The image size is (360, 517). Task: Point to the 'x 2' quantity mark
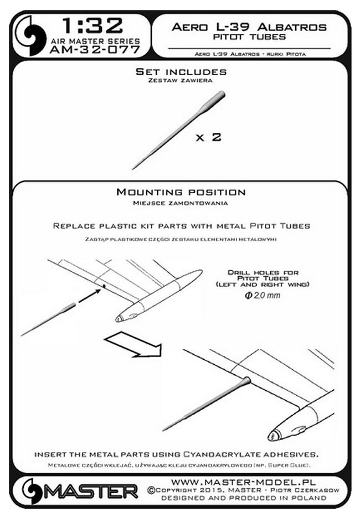(x=208, y=137)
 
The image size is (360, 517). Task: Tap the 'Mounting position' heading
(x=181, y=193)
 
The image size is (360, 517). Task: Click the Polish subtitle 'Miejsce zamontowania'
(x=181, y=203)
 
